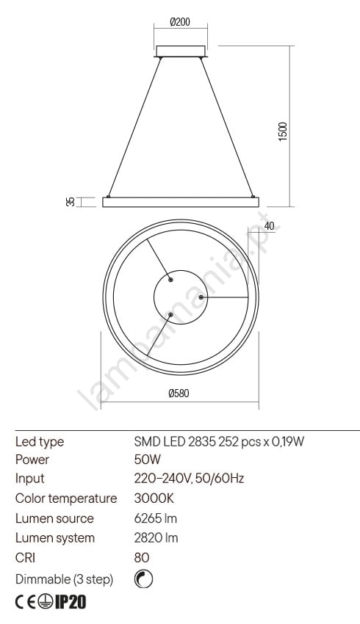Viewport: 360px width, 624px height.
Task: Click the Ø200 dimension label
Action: click(x=180, y=22)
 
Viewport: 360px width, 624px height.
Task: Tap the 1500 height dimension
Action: click(x=282, y=131)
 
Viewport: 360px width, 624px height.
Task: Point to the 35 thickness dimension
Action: click(x=71, y=202)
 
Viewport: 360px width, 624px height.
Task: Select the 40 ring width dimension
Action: click(x=270, y=226)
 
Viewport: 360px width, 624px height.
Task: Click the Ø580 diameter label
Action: click(x=179, y=393)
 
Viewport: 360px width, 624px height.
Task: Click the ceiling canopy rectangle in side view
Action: click(x=181, y=51)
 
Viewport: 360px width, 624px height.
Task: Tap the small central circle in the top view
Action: click(x=181, y=271)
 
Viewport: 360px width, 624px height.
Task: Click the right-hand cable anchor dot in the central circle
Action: click(x=201, y=297)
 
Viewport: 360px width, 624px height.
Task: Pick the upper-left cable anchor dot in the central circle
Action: click(x=170, y=280)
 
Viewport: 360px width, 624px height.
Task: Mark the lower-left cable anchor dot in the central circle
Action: click(x=170, y=315)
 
